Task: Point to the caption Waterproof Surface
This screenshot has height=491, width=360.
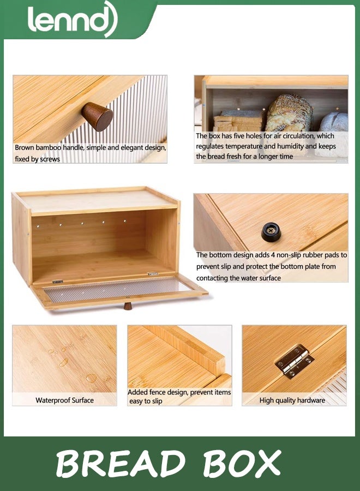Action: click(64, 400)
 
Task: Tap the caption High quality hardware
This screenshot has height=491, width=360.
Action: click(292, 400)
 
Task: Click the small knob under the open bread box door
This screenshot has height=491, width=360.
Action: click(128, 306)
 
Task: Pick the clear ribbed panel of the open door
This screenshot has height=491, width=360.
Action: click(117, 290)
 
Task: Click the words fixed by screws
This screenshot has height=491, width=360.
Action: click(38, 159)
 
